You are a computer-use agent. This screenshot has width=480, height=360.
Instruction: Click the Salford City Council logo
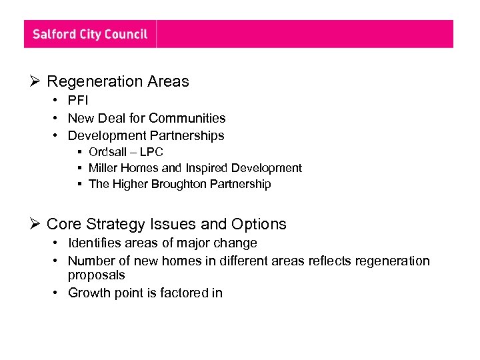pyautogui.click(x=90, y=34)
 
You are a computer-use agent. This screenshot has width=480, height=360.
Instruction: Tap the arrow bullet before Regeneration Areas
pyautogui.click(x=36, y=82)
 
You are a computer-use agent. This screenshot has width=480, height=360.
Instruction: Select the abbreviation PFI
pyautogui.click(x=78, y=101)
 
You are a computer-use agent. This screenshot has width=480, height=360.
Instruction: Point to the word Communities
pyautogui.click(x=187, y=118)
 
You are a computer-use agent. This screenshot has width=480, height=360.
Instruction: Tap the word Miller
pyautogui.click(x=103, y=168)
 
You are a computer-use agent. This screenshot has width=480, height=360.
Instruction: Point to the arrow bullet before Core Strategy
pyautogui.click(x=36, y=225)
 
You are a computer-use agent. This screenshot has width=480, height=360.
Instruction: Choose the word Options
pyautogui.click(x=259, y=225)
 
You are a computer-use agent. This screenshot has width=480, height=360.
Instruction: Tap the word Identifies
pyautogui.click(x=95, y=243)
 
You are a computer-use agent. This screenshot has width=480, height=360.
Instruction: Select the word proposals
pyautogui.click(x=96, y=275)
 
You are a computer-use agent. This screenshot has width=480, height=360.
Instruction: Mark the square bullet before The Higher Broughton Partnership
pyautogui.click(x=79, y=185)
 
